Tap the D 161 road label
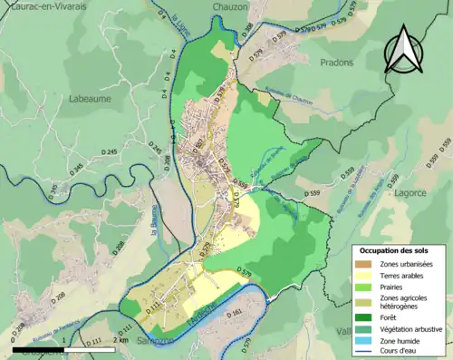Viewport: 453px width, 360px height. pos(233,315)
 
